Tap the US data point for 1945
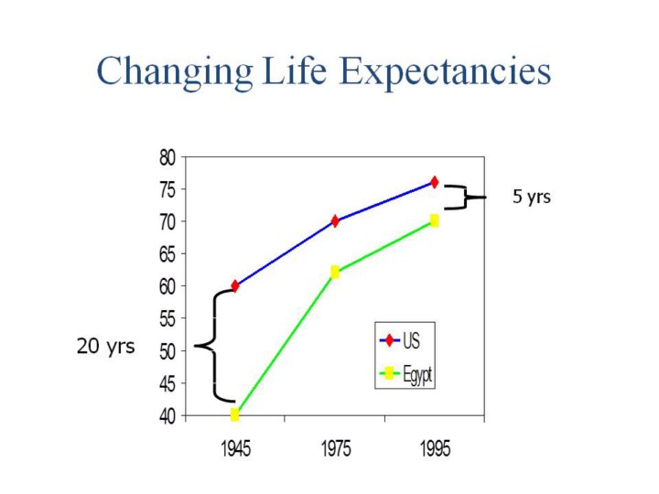point(235,285)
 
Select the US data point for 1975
point(335,220)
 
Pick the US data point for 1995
point(434,182)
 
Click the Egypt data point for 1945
point(235,414)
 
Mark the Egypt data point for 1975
point(335,272)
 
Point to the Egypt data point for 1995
point(434,220)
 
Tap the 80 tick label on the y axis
point(167,156)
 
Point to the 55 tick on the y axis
point(167,318)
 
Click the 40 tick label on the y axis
point(167,415)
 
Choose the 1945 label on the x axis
point(235,450)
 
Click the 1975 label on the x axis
point(335,450)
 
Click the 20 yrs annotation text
point(105,348)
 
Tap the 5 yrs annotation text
point(531,197)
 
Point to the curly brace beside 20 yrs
point(212,346)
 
